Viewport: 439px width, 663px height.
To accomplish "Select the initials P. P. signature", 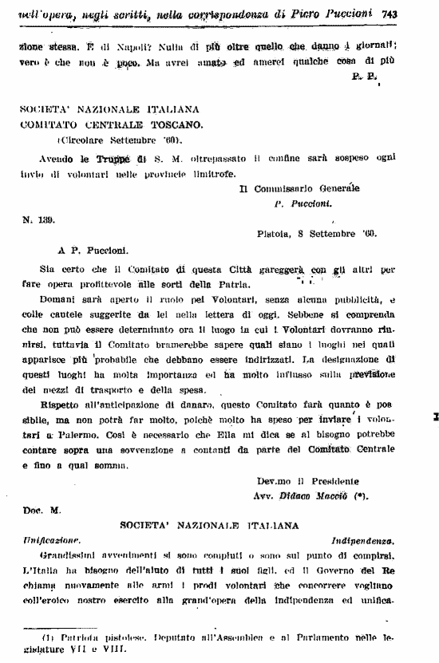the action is pyautogui.click(x=364, y=77).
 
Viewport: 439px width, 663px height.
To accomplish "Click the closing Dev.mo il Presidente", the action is pyautogui.click(x=308, y=482).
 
